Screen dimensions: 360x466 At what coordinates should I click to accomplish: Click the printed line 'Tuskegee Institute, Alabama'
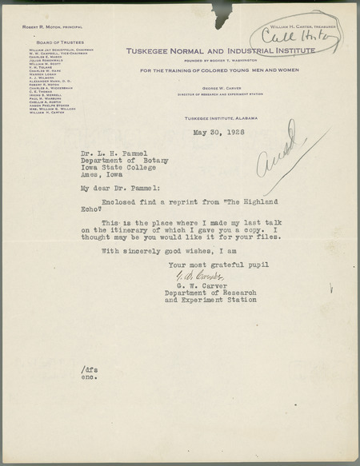pyautogui.click(x=213, y=117)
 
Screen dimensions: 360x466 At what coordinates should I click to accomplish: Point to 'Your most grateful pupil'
pyautogui.click(x=213, y=263)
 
